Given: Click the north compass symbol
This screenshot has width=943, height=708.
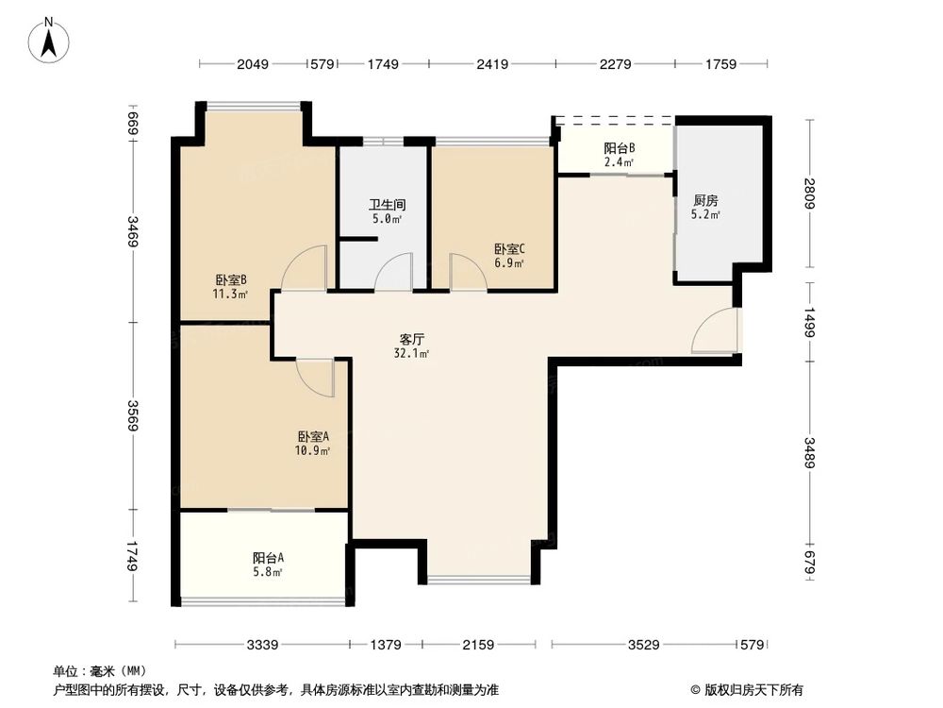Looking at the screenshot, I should pyautogui.click(x=52, y=39).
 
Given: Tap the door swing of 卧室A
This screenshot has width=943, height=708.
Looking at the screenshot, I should pyautogui.click(x=317, y=378).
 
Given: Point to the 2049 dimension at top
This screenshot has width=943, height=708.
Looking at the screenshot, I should pyautogui.click(x=254, y=64).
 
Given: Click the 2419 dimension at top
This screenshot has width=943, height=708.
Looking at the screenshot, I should pyautogui.click(x=492, y=64).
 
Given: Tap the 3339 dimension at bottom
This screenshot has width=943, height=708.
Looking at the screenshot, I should pyautogui.click(x=263, y=645).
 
